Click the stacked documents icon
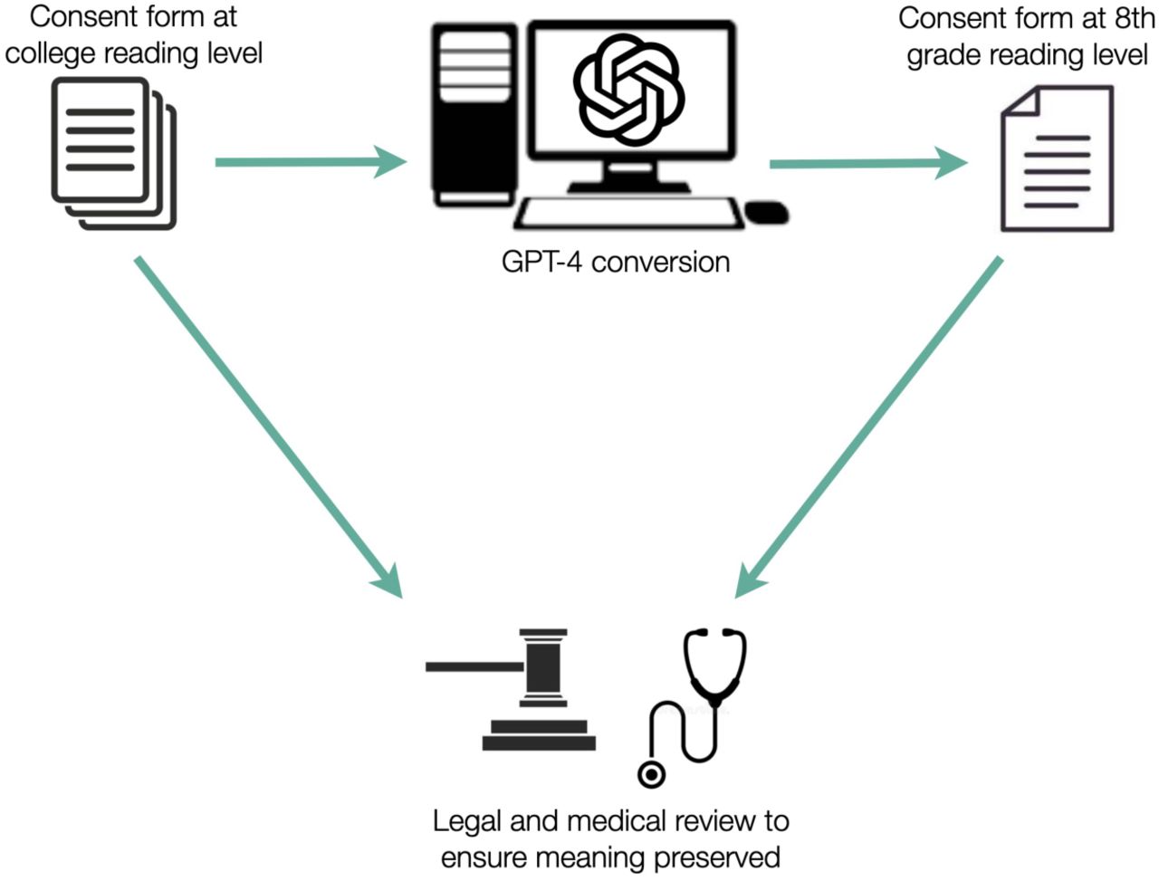[113, 153]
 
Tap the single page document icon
[1057, 158]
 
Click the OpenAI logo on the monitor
[629, 90]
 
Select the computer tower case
[474, 114]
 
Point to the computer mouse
[767, 213]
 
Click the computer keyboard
[629, 214]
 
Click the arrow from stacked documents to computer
[311, 162]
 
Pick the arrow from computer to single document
[868, 164]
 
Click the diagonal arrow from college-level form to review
[269, 427]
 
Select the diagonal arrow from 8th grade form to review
[868, 427]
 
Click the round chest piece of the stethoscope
[652, 775]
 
